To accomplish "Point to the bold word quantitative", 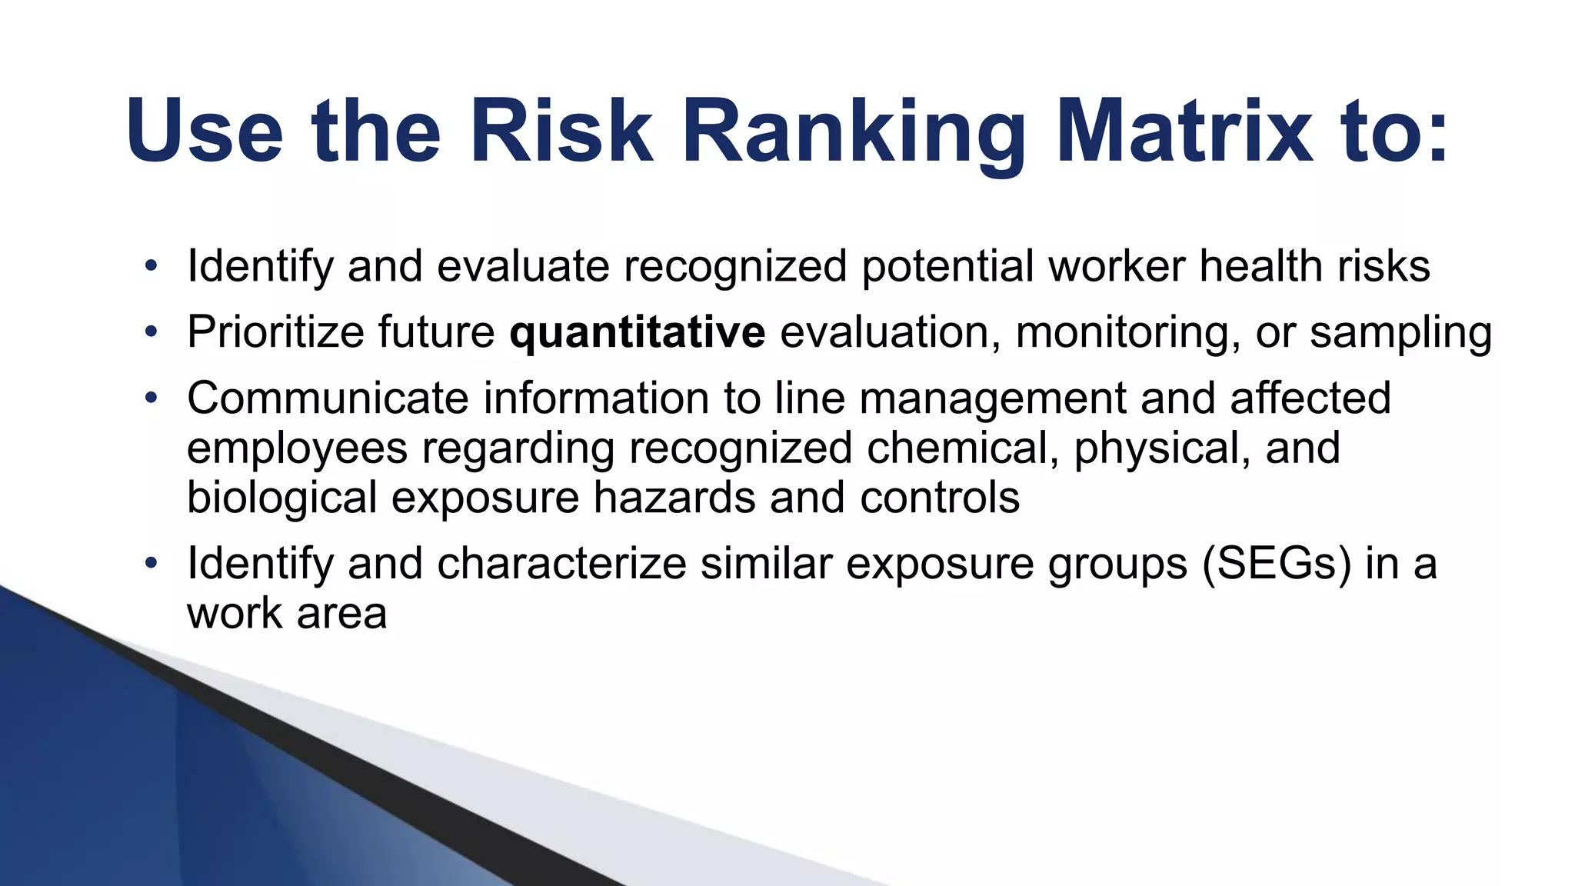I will (x=637, y=332).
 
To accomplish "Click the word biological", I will (x=281, y=498).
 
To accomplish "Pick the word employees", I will (x=297, y=448).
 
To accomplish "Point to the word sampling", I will (x=1400, y=332).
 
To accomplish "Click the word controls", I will (x=940, y=498).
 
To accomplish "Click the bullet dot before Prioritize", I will (x=151, y=332).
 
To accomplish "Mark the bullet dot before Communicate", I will (x=151, y=398).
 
